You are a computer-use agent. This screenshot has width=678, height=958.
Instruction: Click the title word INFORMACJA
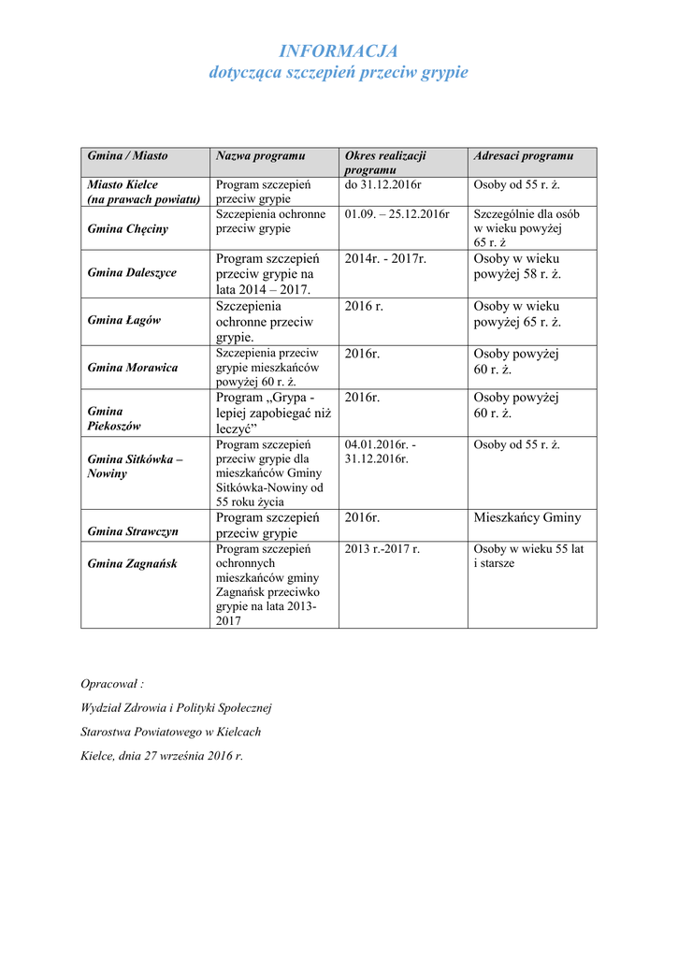tap(339, 51)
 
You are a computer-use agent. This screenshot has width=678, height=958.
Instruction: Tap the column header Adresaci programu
tap(524, 155)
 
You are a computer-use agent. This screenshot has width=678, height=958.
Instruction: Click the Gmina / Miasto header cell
tap(128, 155)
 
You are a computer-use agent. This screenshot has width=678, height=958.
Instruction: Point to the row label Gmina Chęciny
tap(128, 229)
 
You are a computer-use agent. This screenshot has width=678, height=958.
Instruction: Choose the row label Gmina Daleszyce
tap(132, 273)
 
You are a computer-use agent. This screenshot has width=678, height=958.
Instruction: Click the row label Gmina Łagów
tap(124, 320)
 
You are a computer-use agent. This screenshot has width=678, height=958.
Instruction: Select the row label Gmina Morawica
tap(133, 368)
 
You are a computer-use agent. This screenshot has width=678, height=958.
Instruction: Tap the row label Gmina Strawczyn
tap(133, 531)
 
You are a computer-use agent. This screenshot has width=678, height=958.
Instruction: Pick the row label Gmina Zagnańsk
tap(132, 563)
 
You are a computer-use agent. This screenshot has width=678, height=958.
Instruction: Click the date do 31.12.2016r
tap(383, 185)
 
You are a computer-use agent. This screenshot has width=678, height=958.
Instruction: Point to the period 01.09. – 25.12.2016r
tap(397, 214)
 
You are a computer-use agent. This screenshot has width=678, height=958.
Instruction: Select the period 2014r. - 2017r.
tap(385, 258)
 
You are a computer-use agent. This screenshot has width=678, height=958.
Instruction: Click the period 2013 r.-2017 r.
tap(382, 549)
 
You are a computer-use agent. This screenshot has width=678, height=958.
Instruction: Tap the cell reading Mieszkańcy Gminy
tap(527, 517)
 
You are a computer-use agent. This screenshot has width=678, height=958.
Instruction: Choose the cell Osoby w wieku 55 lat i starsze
tap(528, 556)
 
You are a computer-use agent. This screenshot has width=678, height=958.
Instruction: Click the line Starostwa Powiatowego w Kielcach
tap(171, 732)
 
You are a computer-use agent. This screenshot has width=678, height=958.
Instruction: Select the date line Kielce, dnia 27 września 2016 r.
tap(162, 755)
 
